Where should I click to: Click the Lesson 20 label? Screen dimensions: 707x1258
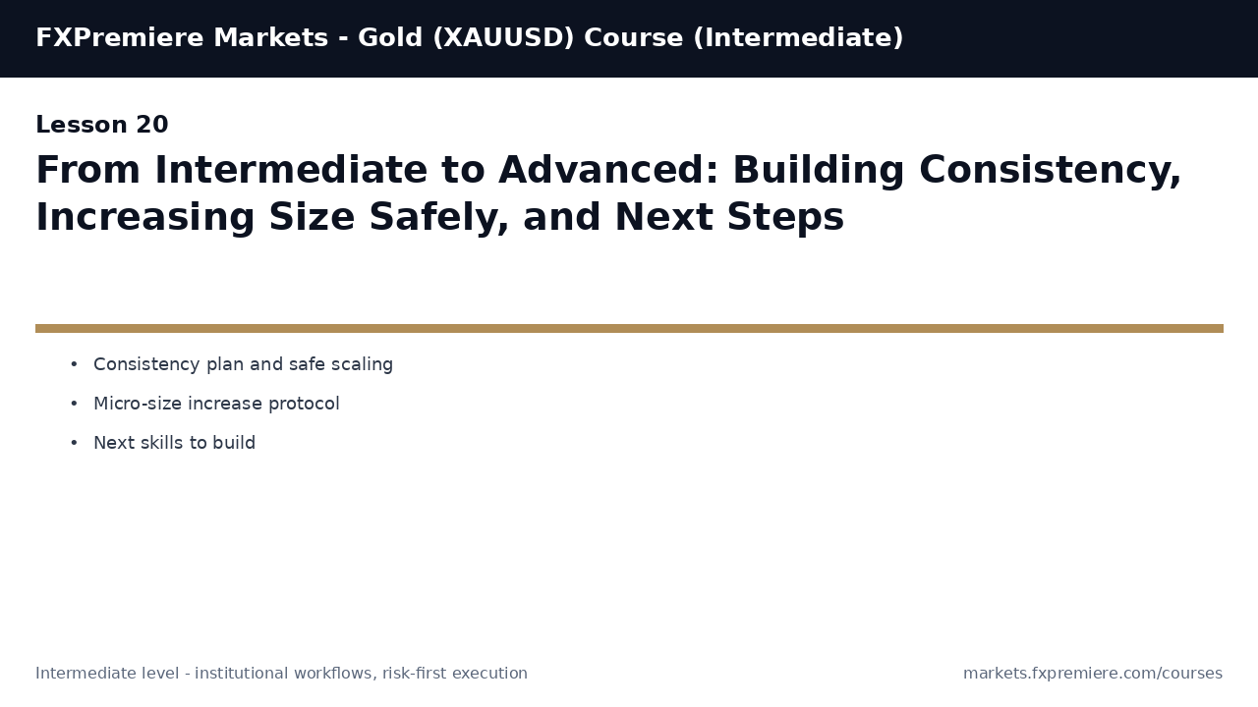[x=101, y=126]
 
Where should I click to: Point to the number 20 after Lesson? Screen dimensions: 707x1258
[x=152, y=126]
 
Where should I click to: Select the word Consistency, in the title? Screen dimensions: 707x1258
[x=1050, y=171]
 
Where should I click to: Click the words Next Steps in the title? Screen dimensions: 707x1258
[x=728, y=218]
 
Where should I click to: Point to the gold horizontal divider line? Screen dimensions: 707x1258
[x=629, y=328]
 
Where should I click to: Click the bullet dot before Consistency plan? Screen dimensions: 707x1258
[x=74, y=365]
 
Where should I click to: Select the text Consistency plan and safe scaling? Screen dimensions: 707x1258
[x=243, y=365]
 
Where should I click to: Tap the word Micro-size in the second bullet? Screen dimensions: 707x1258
[x=136, y=405]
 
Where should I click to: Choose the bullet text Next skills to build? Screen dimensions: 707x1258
[x=174, y=444]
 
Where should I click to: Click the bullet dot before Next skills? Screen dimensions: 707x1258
[x=74, y=444]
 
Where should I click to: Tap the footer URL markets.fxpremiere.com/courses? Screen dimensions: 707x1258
[x=1092, y=674]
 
